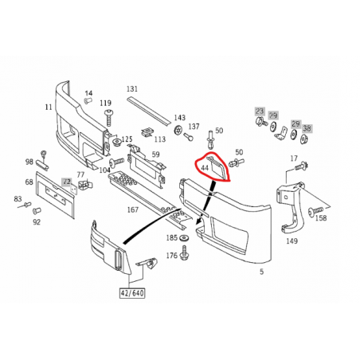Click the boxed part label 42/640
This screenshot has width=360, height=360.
click(x=132, y=293)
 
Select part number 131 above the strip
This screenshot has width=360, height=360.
click(x=132, y=88)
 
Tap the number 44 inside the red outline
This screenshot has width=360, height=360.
click(x=205, y=168)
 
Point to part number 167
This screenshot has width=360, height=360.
click(x=133, y=209)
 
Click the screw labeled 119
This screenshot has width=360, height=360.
click(x=108, y=118)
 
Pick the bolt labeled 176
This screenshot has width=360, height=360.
click(x=184, y=253)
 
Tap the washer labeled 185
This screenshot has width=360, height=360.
click(x=184, y=238)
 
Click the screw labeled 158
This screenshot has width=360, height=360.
click(x=315, y=211)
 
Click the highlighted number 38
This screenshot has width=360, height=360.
click(x=307, y=128)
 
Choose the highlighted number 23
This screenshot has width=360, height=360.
click(x=260, y=111)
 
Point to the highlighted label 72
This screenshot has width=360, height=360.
click(x=67, y=182)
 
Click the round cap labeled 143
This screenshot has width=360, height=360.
click(x=179, y=130)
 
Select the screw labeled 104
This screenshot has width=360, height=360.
click(x=116, y=162)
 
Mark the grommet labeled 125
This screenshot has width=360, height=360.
click(x=115, y=142)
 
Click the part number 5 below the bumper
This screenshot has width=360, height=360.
click(x=262, y=272)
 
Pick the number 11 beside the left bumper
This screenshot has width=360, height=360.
click(x=49, y=107)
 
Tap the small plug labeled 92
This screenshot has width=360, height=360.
click(x=36, y=211)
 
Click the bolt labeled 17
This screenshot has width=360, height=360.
click(x=301, y=166)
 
